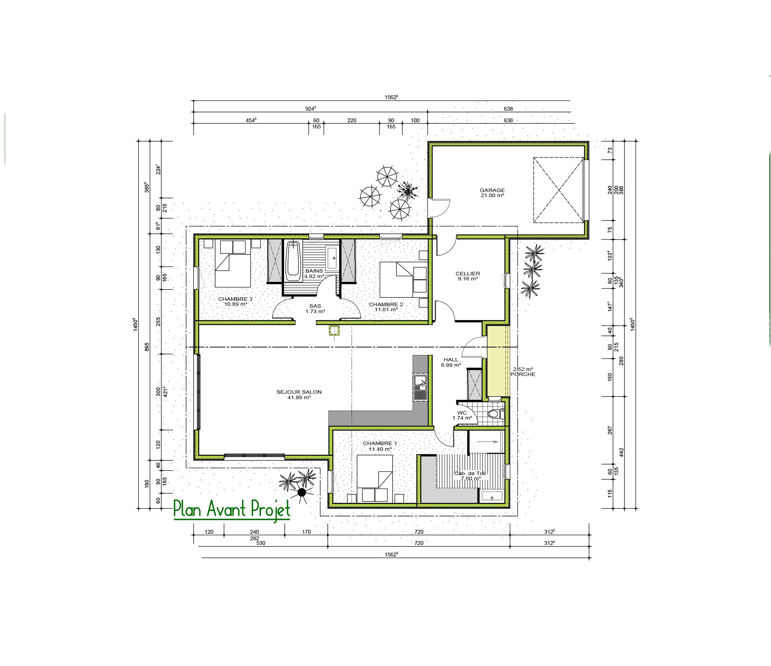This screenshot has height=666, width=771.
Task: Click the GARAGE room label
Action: [492, 190]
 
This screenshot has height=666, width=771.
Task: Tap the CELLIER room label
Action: [468, 273]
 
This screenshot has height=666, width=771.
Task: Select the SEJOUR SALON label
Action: [299, 392]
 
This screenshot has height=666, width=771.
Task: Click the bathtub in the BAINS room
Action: [293, 261]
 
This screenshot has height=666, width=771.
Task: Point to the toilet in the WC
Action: [495, 414]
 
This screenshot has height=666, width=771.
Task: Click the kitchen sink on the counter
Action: [420, 387]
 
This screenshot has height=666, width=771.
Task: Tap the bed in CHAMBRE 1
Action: [375, 478]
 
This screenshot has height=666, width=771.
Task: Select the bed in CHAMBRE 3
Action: [233, 263]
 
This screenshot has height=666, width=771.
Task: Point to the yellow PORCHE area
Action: [498, 361]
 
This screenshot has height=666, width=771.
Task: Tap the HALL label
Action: [451, 359]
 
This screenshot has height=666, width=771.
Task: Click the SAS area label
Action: [315, 306]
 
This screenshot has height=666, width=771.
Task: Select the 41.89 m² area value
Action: [299, 397]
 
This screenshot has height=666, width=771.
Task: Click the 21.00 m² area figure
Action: [492, 195]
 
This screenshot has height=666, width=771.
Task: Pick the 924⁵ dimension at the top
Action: [310, 109]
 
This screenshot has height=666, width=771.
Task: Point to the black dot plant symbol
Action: [302, 492]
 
